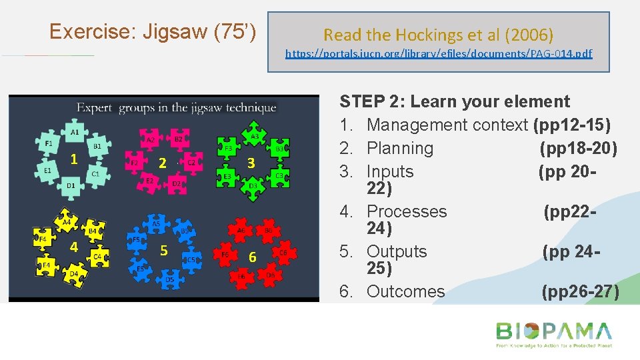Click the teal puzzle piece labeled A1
pos(75,133)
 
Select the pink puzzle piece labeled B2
pos(178,139)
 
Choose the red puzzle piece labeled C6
pos(284,253)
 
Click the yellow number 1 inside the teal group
pos(75,159)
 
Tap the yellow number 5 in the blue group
pos(163,251)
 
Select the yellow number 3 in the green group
pos(251,163)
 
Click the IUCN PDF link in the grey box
pos(439,53)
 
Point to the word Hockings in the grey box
pos(434,34)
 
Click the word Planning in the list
pos(400,148)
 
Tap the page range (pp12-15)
pos(572,125)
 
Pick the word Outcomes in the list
pos(405,291)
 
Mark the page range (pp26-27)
pos(580,291)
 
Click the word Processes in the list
pos(407,211)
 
